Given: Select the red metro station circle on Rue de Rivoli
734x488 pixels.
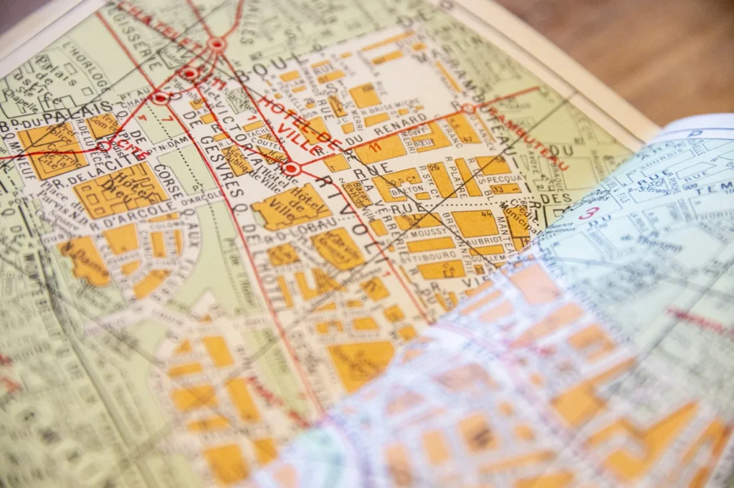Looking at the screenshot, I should (x=291, y=169).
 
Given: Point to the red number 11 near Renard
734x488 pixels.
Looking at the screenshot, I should (x=373, y=146).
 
